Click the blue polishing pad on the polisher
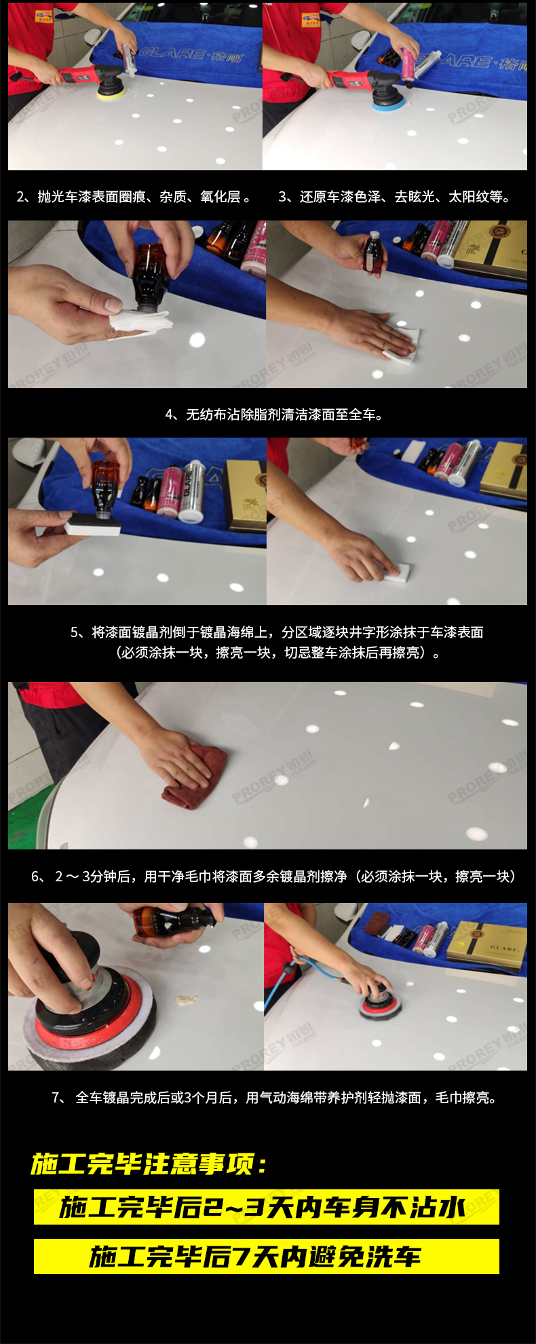[389, 103]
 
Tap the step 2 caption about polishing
[134, 197]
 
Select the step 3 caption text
[394, 197]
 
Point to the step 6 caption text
[273, 877]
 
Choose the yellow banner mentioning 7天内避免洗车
[266, 1256]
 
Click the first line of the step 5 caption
[277, 632]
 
